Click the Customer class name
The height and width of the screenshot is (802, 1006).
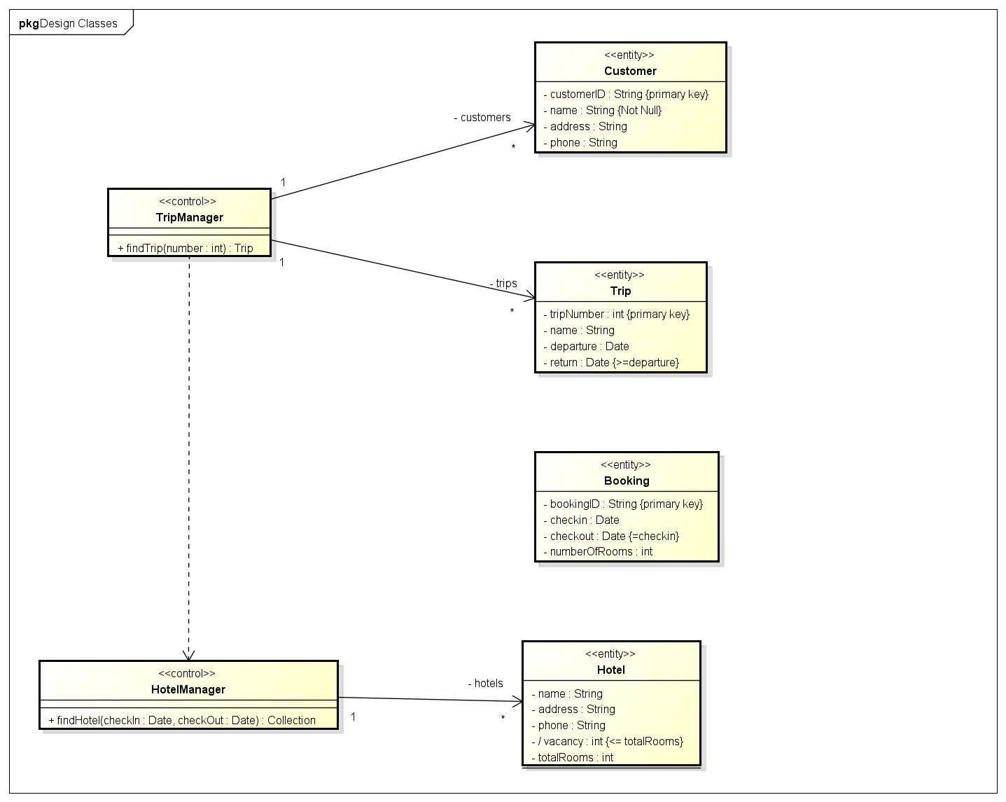[630, 71]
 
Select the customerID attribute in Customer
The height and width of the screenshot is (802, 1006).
[626, 94]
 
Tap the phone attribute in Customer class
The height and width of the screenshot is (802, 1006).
[580, 142]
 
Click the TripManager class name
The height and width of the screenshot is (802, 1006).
[189, 217]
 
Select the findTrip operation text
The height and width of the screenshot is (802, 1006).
[186, 248]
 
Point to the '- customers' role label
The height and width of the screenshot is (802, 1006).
[482, 118]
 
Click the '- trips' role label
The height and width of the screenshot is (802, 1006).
[503, 284]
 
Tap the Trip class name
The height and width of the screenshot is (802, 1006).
[620, 291]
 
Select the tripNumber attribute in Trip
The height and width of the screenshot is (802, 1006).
[616, 314]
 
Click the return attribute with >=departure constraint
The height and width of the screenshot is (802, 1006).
[611, 362]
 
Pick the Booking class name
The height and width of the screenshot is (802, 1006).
[627, 480]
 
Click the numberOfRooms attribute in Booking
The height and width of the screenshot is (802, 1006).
[598, 551]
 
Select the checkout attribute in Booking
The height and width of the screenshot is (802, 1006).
[611, 536]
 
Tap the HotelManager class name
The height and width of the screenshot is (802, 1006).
[188, 689]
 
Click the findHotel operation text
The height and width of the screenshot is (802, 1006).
[182, 720]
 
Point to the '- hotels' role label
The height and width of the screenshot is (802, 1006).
[485, 683]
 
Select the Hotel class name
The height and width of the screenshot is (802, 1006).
[610, 670]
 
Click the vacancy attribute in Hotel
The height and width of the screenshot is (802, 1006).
[607, 741]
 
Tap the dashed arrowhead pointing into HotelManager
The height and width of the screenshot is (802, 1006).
[188, 656]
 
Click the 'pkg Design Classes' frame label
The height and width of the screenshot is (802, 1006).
[69, 23]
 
